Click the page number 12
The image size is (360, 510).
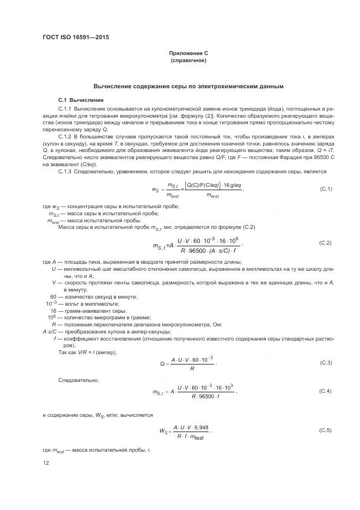point(46,463)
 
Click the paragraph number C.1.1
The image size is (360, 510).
point(65,109)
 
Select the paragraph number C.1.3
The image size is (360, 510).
point(65,172)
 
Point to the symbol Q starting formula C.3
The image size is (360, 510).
point(162,363)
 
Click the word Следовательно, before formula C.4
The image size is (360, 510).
point(78,379)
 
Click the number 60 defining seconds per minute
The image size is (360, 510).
point(53,296)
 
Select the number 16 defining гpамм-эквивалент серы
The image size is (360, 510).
point(53,310)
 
